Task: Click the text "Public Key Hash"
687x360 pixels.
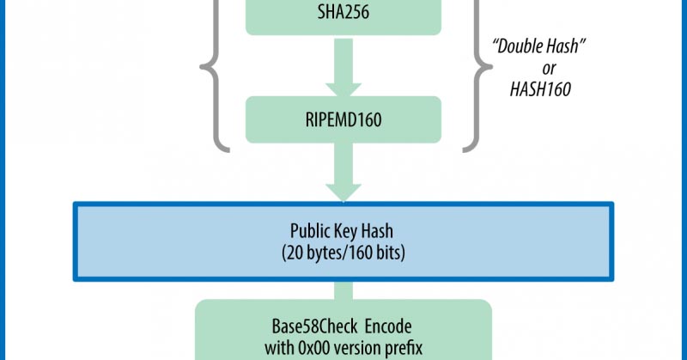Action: (343, 232)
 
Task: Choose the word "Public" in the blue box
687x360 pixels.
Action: (307, 232)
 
